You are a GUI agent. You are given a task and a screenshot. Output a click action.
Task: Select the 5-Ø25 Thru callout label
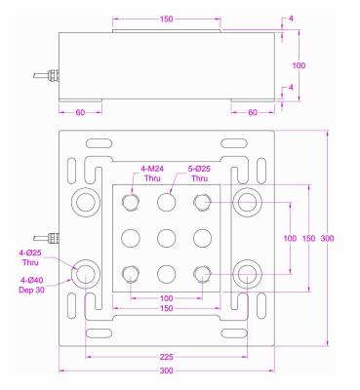coord(199,173)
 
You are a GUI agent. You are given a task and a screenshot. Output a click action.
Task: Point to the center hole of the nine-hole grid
coord(165,238)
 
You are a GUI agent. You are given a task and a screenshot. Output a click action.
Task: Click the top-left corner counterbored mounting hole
coord(84,202)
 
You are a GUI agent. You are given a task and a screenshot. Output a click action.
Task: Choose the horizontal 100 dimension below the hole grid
coord(165,297)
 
